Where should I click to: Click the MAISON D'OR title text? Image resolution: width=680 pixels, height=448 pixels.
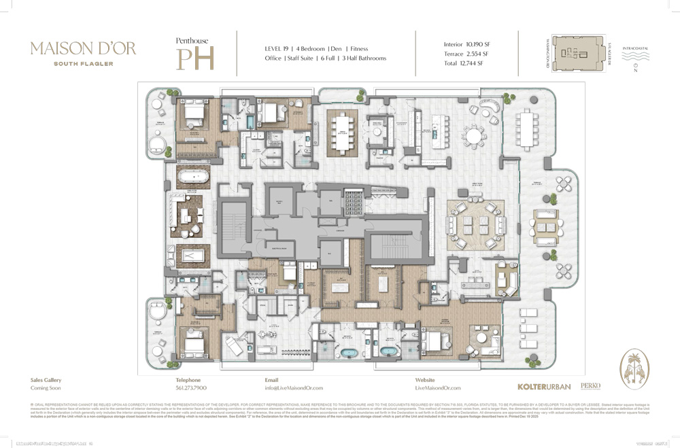coord(83,48)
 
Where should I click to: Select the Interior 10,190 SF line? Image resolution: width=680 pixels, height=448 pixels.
coord(466,44)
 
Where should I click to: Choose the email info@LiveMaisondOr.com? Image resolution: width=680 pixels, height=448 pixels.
coord(292,387)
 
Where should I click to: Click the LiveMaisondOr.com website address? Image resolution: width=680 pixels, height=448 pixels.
coord(438,387)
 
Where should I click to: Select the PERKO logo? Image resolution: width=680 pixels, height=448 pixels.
coord(590,385)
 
